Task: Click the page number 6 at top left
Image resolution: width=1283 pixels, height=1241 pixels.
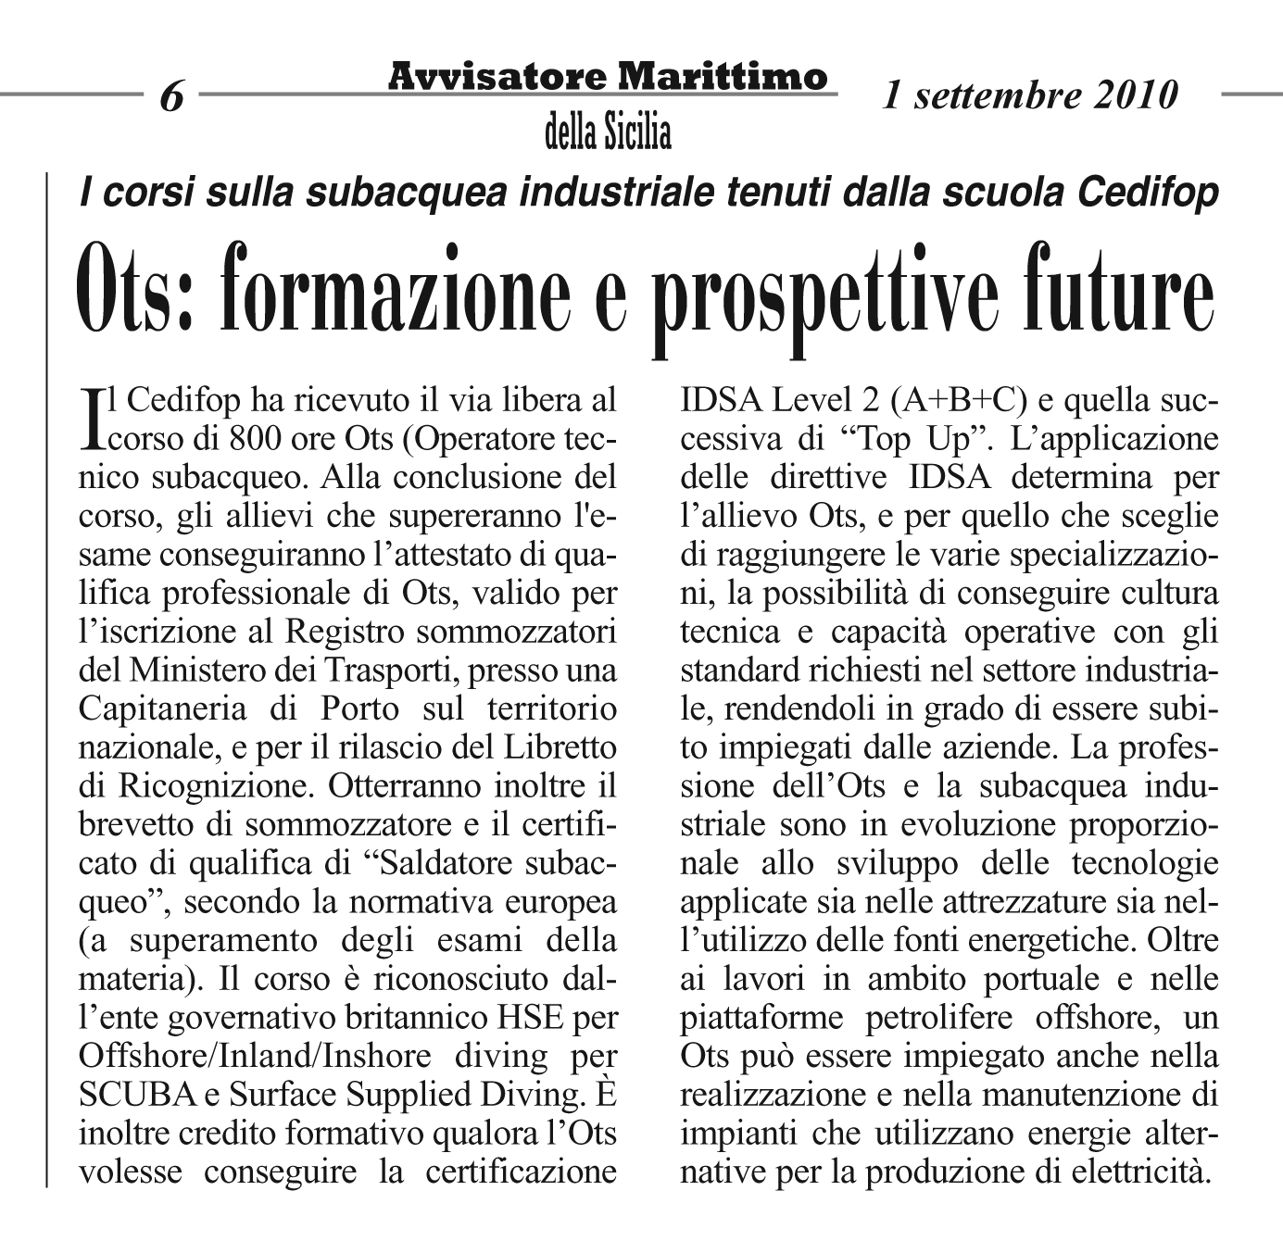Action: click(171, 96)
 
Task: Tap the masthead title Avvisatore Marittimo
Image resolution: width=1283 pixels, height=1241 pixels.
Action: click(607, 76)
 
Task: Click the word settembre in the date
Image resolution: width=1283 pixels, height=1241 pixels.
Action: click(990, 94)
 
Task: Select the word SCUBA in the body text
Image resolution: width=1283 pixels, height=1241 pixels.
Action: click(137, 1094)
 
